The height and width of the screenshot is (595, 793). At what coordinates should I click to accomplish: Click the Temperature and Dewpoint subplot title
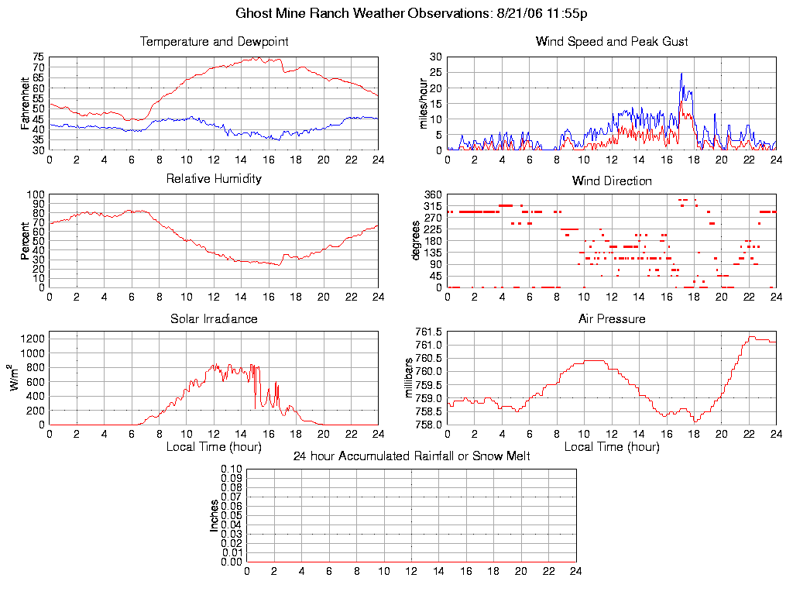(x=214, y=42)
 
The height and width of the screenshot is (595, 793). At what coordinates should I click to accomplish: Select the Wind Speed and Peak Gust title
(x=612, y=42)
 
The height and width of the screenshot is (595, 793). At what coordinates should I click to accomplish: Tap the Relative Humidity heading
(x=214, y=179)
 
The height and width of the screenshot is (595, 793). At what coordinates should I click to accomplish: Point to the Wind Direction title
(x=612, y=181)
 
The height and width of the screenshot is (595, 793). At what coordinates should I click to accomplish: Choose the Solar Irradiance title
(x=214, y=318)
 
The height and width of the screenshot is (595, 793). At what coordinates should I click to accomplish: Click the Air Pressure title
(x=612, y=318)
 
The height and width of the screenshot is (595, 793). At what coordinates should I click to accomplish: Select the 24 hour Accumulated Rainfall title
(x=411, y=456)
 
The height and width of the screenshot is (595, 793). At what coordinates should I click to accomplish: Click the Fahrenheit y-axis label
(x=26, y=103)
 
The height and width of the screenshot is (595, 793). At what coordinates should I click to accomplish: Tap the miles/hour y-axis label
(x=424, y=103)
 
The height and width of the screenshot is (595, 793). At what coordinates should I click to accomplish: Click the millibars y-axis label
(x=410, y=378)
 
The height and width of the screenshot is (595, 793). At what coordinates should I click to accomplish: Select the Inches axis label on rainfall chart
(x=214, y=515)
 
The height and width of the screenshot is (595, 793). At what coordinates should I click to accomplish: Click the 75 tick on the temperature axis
(x=38, y=57)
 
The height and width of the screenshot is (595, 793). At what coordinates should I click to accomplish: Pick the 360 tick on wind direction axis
(x=432, y=194)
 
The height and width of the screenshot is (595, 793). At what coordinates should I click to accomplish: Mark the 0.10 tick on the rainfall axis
(x=232, y=469)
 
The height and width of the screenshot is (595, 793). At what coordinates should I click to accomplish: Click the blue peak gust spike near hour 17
(x=681, y=74)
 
